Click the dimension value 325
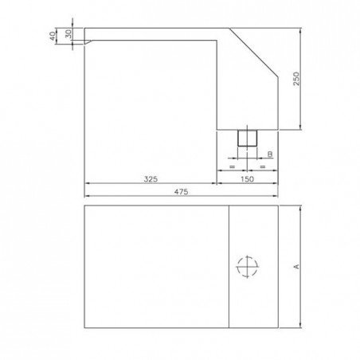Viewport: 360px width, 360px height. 150,179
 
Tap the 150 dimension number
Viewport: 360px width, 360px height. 248,179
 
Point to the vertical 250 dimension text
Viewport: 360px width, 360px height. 295,79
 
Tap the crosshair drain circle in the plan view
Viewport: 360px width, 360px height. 248,266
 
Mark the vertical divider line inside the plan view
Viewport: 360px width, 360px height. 229,267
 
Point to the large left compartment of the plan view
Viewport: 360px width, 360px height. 156,267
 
